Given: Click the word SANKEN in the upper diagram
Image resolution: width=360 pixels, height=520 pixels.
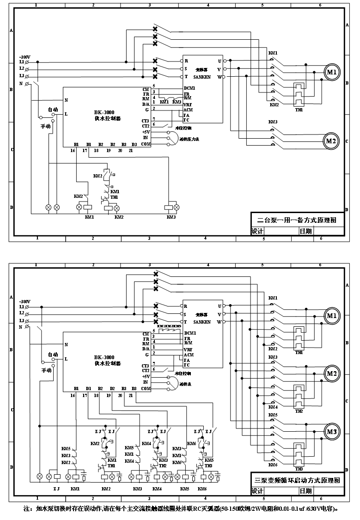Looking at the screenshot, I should point(201,77).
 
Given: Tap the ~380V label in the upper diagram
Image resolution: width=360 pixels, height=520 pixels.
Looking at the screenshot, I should point(24,56).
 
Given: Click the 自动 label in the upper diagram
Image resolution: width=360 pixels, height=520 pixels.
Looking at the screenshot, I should point(53,110).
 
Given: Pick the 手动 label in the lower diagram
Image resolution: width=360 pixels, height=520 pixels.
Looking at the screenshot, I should point(47,370).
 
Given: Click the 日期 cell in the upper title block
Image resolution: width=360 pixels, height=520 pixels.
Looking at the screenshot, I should point(305,231).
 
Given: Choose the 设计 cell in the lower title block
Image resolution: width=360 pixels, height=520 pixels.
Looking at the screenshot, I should point(257,491).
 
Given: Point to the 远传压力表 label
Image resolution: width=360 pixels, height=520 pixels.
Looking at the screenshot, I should point(189,138).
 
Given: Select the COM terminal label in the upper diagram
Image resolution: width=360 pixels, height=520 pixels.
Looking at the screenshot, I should point(146,144).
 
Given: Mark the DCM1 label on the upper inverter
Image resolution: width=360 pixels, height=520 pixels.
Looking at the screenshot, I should point(189,88).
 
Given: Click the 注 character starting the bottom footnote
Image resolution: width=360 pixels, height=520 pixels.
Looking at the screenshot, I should point(27,508).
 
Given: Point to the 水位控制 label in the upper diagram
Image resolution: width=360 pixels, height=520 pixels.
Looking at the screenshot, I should point(183,127).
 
